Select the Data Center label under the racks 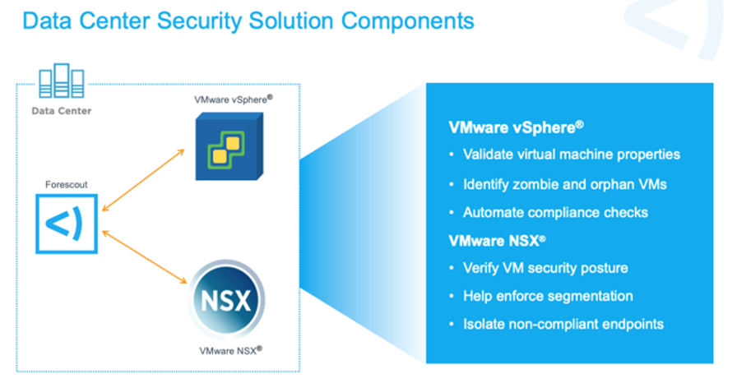click(62, 110)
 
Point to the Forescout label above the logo click(66, 185)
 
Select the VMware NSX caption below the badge click(231, 350)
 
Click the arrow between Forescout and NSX click(141, 256)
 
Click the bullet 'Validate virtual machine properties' click(571, 155)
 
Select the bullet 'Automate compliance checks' click(555, 213)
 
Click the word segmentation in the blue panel click(593, 296)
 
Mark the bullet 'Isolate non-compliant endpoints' click(563, 324)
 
